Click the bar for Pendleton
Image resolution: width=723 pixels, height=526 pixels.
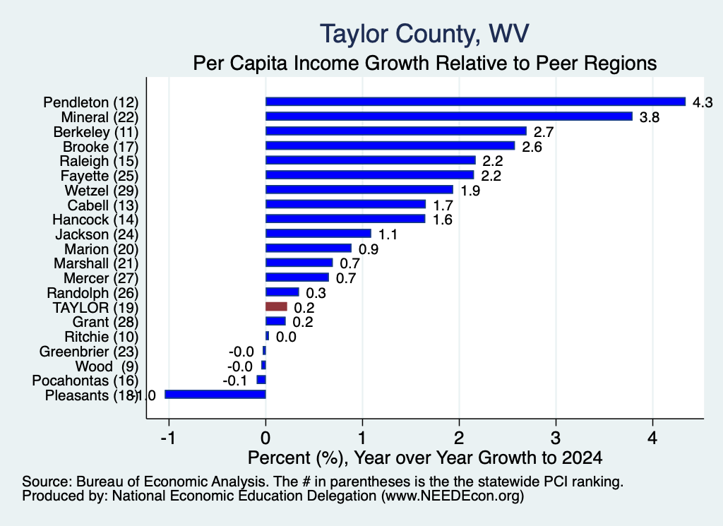pyautogui.click(x=475, y=102)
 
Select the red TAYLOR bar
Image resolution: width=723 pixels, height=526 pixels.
pyautogui.click(x=276, y=307)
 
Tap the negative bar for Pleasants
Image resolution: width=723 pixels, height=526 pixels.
pyautogui.click(x=215, y=395)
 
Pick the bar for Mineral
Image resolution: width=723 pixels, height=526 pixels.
pyautogui.click(x=448, y=116)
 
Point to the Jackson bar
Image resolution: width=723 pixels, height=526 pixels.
pyautogui.click(x=318, y=234)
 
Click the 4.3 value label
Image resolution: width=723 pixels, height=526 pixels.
pyautogui.click(x=703, y=102)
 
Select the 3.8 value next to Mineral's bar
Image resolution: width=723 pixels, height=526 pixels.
pyautogui.click(x=650, y=117)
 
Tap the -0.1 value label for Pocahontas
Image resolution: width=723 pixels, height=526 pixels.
pyautogui.click(x=234, y=381)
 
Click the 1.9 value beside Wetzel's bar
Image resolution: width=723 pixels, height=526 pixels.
pyautogui.click(x=470, y=191)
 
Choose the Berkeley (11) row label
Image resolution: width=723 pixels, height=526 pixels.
pyautogui.click(x=96, y=132)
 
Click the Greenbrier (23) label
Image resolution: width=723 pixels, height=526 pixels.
pyautogui.click(x=89, y=352)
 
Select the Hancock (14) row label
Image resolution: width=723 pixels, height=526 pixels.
pyautogui.click(x=95, y=220)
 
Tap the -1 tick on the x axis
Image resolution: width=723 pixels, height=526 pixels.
pyautogui.click(x=168, y=438)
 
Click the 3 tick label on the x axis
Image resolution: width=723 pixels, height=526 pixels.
pyautogui.click(x=556, y=438)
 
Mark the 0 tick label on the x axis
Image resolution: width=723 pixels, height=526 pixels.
pyautogui.click(x=265, y=438)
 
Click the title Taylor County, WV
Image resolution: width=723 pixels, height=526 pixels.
pyautogui.click(x=424, y=34)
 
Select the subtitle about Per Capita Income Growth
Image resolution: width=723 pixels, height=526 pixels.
pyautogui.click(x=424, y=63)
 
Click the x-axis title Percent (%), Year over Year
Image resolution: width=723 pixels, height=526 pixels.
pyautogui.click(x=424, y=458)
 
